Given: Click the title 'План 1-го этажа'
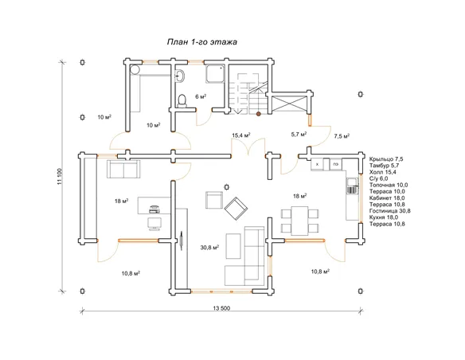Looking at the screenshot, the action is tap(202, 41).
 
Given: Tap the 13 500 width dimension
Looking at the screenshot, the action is tap(221, 308).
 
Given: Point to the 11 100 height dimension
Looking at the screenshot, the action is tap(59, 177).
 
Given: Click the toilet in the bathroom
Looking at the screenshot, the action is tap(182, 101).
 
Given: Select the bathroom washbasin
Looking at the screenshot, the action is tap(180, 76).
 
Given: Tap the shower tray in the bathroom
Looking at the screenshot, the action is tap(215, 74).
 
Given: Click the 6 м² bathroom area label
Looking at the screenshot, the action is tap(201, 96).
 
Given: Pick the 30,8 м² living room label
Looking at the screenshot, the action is tap(209, 247).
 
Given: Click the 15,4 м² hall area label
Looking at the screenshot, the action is tap(241, 135).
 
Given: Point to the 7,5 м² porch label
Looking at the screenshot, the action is tap(342, 136).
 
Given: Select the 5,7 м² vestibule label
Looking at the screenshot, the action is tap(299, 135).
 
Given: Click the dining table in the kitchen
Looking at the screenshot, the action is tap(300, 221).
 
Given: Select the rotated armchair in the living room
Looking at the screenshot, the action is tap(236, 209).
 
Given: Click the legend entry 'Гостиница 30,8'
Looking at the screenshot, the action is tap(389, 211).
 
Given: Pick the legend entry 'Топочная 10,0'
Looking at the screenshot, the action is tap(389, 185).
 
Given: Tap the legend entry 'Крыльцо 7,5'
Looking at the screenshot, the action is tap(386, 159).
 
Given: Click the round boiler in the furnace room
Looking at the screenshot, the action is tap(135, 69).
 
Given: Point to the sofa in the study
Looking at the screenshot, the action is tap(123, 169).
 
